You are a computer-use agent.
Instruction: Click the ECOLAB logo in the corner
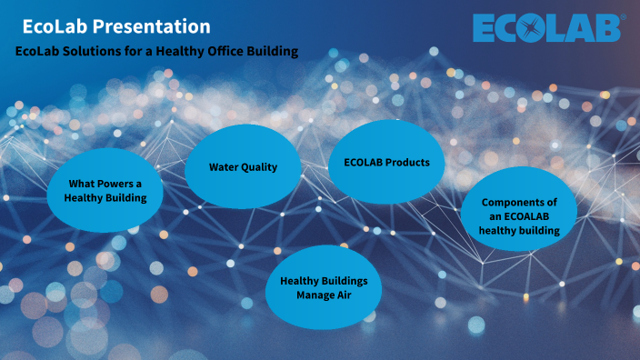click(x=548, y=28)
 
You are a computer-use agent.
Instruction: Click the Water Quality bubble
click(x=243, y=166)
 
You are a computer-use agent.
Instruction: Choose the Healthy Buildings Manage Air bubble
click(x=323, y=287)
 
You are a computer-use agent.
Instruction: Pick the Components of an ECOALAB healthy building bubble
click(x=518, y=215)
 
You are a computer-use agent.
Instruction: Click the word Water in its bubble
click(x=225, y=167)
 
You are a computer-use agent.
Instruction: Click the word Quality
click(x=260, y=167)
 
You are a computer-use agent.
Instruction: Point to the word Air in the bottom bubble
click(x=343, y=295)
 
